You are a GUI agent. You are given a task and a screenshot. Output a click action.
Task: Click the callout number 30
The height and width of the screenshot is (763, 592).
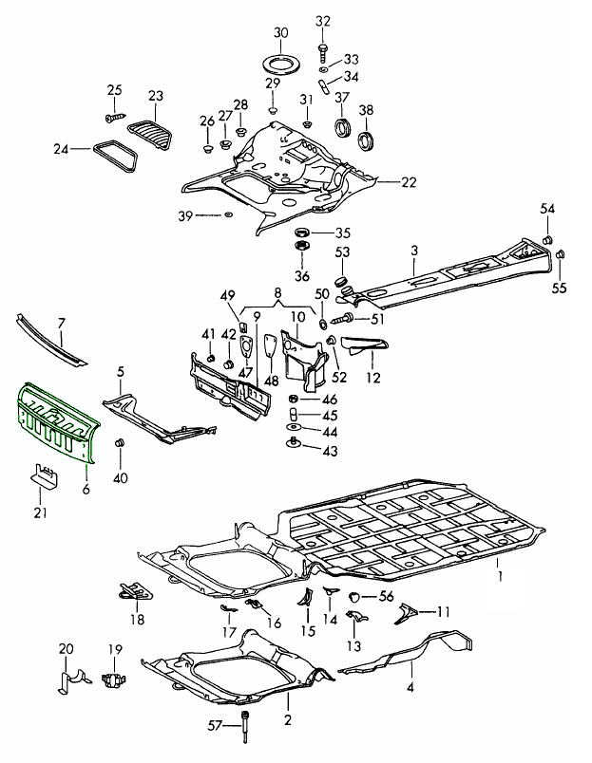point(279,32)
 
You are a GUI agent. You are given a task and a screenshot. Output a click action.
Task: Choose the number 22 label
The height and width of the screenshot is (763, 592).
point(409,182)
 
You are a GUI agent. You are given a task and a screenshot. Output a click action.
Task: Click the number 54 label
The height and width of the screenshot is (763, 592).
point(546,209)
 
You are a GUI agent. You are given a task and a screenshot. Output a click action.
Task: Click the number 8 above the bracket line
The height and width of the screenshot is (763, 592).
point(278,295)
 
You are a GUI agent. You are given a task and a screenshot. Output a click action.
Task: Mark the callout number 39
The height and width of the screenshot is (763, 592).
point(186,217)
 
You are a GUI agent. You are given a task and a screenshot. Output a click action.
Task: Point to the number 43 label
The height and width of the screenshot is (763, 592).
point(331,452)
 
